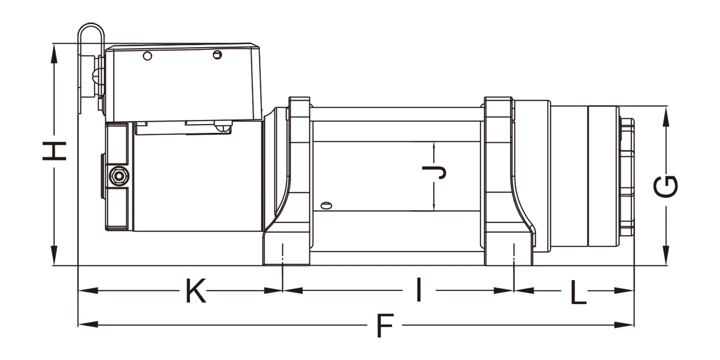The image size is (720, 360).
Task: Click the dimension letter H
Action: [x=54, y=151]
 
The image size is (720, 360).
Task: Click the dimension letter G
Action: [x=666, y=186]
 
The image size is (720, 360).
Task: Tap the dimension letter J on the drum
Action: [x=434, y=173]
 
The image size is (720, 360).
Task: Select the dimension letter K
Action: [x=196, y=291]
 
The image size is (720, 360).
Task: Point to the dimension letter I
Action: [x=418, y=290]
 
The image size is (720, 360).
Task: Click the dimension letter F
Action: [x=385, y=326]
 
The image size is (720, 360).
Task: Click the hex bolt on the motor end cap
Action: [x=119, y=176]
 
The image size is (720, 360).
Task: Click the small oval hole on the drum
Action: [x=326, y=205]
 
